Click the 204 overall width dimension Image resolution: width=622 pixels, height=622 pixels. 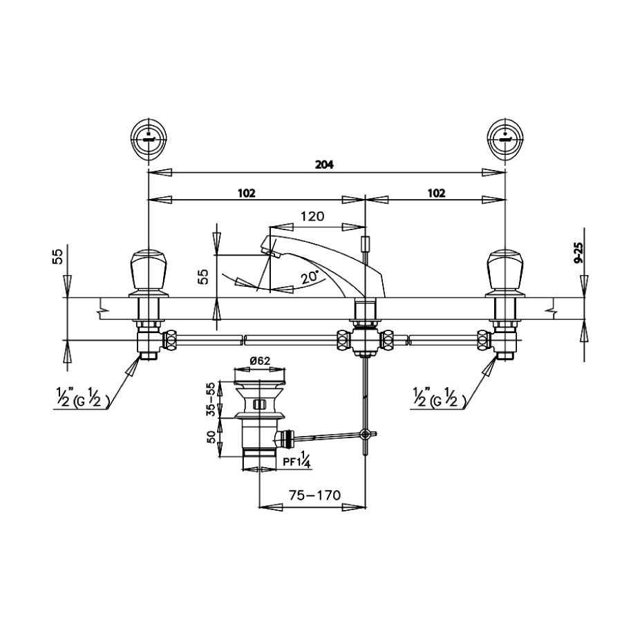[326, 164]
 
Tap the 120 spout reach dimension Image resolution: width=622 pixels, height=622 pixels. [312, 216]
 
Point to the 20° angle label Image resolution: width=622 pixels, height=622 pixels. [310, 276]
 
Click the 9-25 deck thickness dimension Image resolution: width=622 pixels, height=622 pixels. [578, 259]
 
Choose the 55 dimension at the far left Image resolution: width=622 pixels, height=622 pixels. [59, 257]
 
